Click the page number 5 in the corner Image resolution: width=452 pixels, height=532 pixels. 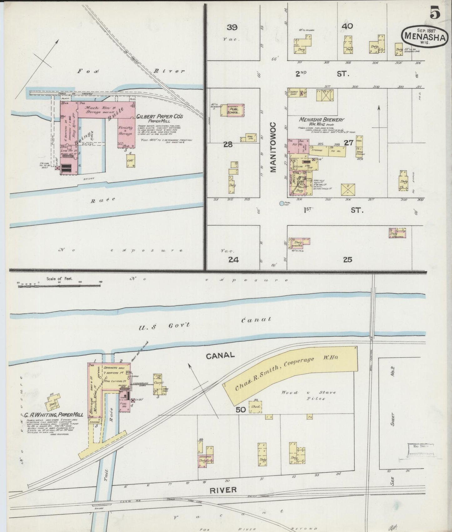435,13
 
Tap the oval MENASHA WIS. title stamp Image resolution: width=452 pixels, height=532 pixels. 424,37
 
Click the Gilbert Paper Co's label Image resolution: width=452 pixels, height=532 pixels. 160,117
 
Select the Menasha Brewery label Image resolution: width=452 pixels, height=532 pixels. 322,120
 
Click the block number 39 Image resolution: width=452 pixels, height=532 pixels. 232,28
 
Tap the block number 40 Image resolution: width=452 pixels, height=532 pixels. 348,26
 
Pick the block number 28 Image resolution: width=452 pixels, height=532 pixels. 228,144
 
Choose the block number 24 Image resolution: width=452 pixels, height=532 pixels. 233,259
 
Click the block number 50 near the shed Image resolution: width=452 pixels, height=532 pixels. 241,409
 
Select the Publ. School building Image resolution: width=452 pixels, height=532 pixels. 232,111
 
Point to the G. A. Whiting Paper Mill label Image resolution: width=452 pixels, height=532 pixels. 54,415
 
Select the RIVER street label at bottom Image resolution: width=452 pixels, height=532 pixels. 223,490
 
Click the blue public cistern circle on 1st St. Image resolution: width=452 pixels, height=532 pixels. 281,203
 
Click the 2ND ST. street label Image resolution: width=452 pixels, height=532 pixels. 322,74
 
